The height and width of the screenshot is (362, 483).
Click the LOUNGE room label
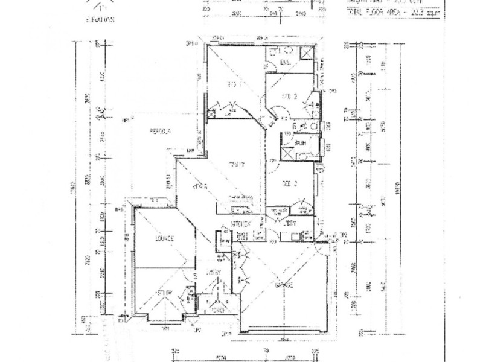click(x=164, y=239)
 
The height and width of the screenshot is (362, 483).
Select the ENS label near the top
click(x=286, y=63)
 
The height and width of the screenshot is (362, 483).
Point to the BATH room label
click(x=299, y=142)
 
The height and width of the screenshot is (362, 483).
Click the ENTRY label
click(x=217, y=273)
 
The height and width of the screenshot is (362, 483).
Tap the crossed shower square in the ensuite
click(x=307, y=55)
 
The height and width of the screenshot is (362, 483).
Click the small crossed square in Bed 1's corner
click(x=213, y=112)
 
